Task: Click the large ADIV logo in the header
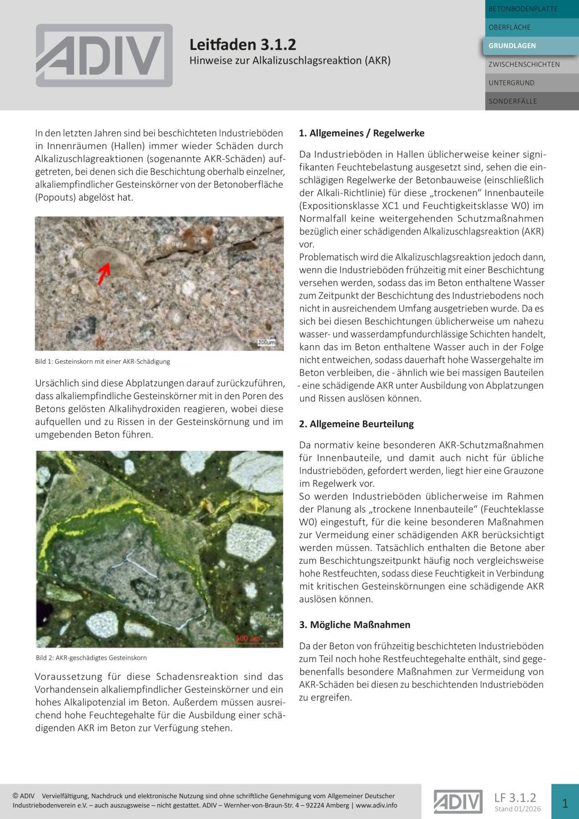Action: tap(104, 56)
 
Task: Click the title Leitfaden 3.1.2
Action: tap(242, 45)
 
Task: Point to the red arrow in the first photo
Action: tap(104, 273)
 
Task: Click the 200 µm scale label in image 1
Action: tap(267, 342)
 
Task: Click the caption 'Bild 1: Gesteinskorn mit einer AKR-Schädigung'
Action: tap(102, 362)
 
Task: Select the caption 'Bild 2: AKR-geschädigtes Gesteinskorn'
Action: tap(91, 658)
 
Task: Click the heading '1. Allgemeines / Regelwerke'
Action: tap(362, 133)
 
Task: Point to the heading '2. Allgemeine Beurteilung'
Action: tap(356, 424)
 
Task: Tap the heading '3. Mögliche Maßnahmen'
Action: tap(354, 625)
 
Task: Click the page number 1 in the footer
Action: tap(565, 804)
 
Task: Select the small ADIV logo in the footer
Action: tap(458, 802)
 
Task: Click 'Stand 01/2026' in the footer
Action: tap(518, 809)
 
